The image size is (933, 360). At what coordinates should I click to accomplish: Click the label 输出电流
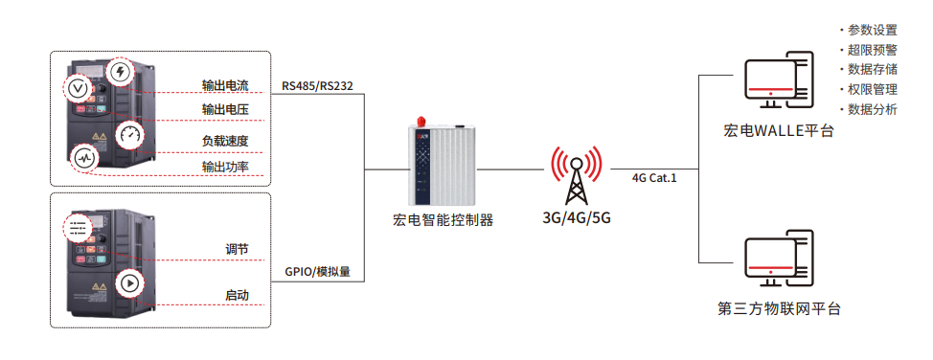[225, 85]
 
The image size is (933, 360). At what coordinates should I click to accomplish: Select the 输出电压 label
[225, 110]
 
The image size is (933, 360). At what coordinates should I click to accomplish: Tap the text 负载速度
[225, 142]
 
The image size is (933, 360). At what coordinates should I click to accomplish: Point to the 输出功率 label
[225, 168]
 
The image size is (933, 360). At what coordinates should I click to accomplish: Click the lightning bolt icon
[122, 73]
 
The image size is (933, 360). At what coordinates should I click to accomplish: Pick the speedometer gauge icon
[129, 136]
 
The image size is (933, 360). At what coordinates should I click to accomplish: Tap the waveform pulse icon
[84, 159]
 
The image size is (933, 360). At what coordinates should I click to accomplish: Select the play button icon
[128, 283]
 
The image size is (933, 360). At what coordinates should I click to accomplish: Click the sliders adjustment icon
[78, 228]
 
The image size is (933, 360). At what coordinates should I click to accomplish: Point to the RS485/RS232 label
[318, 85]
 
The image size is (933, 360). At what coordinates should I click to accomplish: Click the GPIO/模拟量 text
[318, 273]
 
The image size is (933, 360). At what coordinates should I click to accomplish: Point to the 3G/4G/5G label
[577, 217]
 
